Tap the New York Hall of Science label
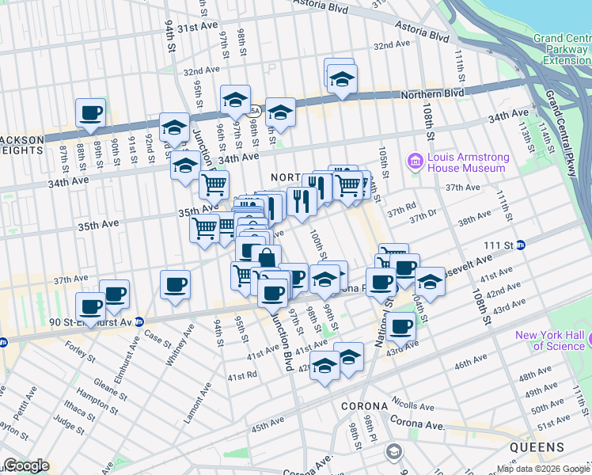pyautogui.click(x=549, y=340)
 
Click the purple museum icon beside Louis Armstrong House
pyautogui.click(x=414, y=161)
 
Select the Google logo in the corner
pyautogui.click(x=25, y=465)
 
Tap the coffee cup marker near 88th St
pyautogui.click(x=90, y=112)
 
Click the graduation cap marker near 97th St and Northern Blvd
pyautogui.click(x=235, y=100)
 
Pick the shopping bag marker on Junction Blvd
pyautogui.click(x=267, y=258)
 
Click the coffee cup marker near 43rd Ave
pyautogui.click(x=400, y=325)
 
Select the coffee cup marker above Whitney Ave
pyautogui.click(x=174, y=284)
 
